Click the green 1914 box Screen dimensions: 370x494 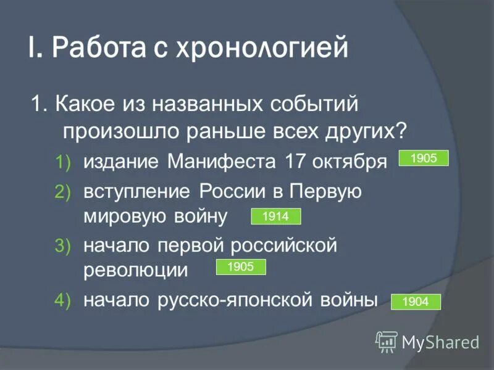[x=275, y=216]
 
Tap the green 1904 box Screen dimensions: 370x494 [x=416, y=302]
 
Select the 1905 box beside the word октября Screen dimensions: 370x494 [x=424, y=158]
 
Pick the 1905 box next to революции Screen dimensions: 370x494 [x=240, y=267]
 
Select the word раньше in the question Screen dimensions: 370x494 [x=233, y=131]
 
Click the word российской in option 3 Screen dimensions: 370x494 [x=284, y=246]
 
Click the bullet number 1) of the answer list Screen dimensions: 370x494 [x=64, y=162]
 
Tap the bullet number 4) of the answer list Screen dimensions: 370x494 [x=64, y=300]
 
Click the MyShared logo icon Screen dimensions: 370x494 [x=387, y=341]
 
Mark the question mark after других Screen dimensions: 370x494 [x=401, y=131]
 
